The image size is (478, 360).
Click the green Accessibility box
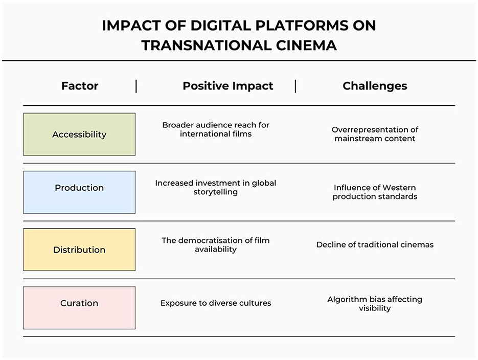coord(79,134)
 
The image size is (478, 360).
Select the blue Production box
coord(79,192)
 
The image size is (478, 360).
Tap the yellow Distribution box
coord(79,250)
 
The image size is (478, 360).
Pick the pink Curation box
coord(79,308)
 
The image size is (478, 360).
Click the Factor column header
coord(80,86)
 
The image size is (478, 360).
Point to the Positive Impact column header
coord(227,86)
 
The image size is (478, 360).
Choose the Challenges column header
coord(375,86)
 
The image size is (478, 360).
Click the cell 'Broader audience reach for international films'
coord(216,129)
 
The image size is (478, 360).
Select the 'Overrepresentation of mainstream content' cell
coord(375,134)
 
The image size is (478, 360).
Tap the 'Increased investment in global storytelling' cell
coord(216,187)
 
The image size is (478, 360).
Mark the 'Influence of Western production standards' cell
coord(375,192)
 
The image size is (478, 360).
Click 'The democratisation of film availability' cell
coord(216,245)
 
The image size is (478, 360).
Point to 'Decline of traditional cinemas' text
coord(375,244)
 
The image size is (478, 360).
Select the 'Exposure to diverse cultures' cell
coord(216,303)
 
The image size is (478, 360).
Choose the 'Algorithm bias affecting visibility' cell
coord(375,304)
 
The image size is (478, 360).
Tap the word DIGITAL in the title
coord(221,25)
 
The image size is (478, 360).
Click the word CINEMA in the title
coord(306,46)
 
